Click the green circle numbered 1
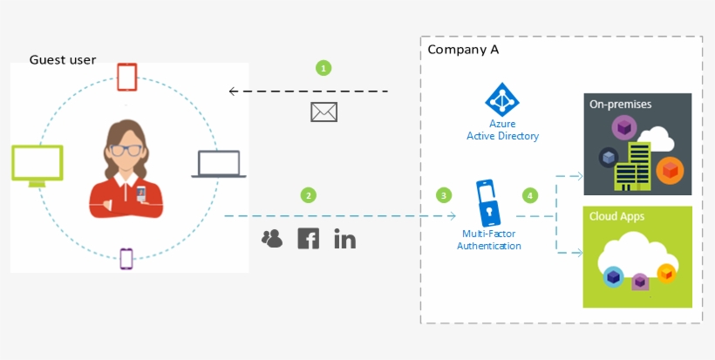point(323,68)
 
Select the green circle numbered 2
point(308,194)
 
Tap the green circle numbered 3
point(445,194)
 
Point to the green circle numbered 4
point(529,194)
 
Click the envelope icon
point(323,112)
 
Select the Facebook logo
point(308,238)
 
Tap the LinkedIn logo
point(345,238)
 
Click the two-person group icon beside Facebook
point(272,238)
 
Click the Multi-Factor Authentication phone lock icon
point(488,202)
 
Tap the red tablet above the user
point(127,77)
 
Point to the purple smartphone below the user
point(126,259)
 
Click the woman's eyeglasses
point(127,150)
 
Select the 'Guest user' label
point(63,60)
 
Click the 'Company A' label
point(463,50)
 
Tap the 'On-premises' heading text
point(620,105)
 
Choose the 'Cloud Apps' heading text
point(616,216)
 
